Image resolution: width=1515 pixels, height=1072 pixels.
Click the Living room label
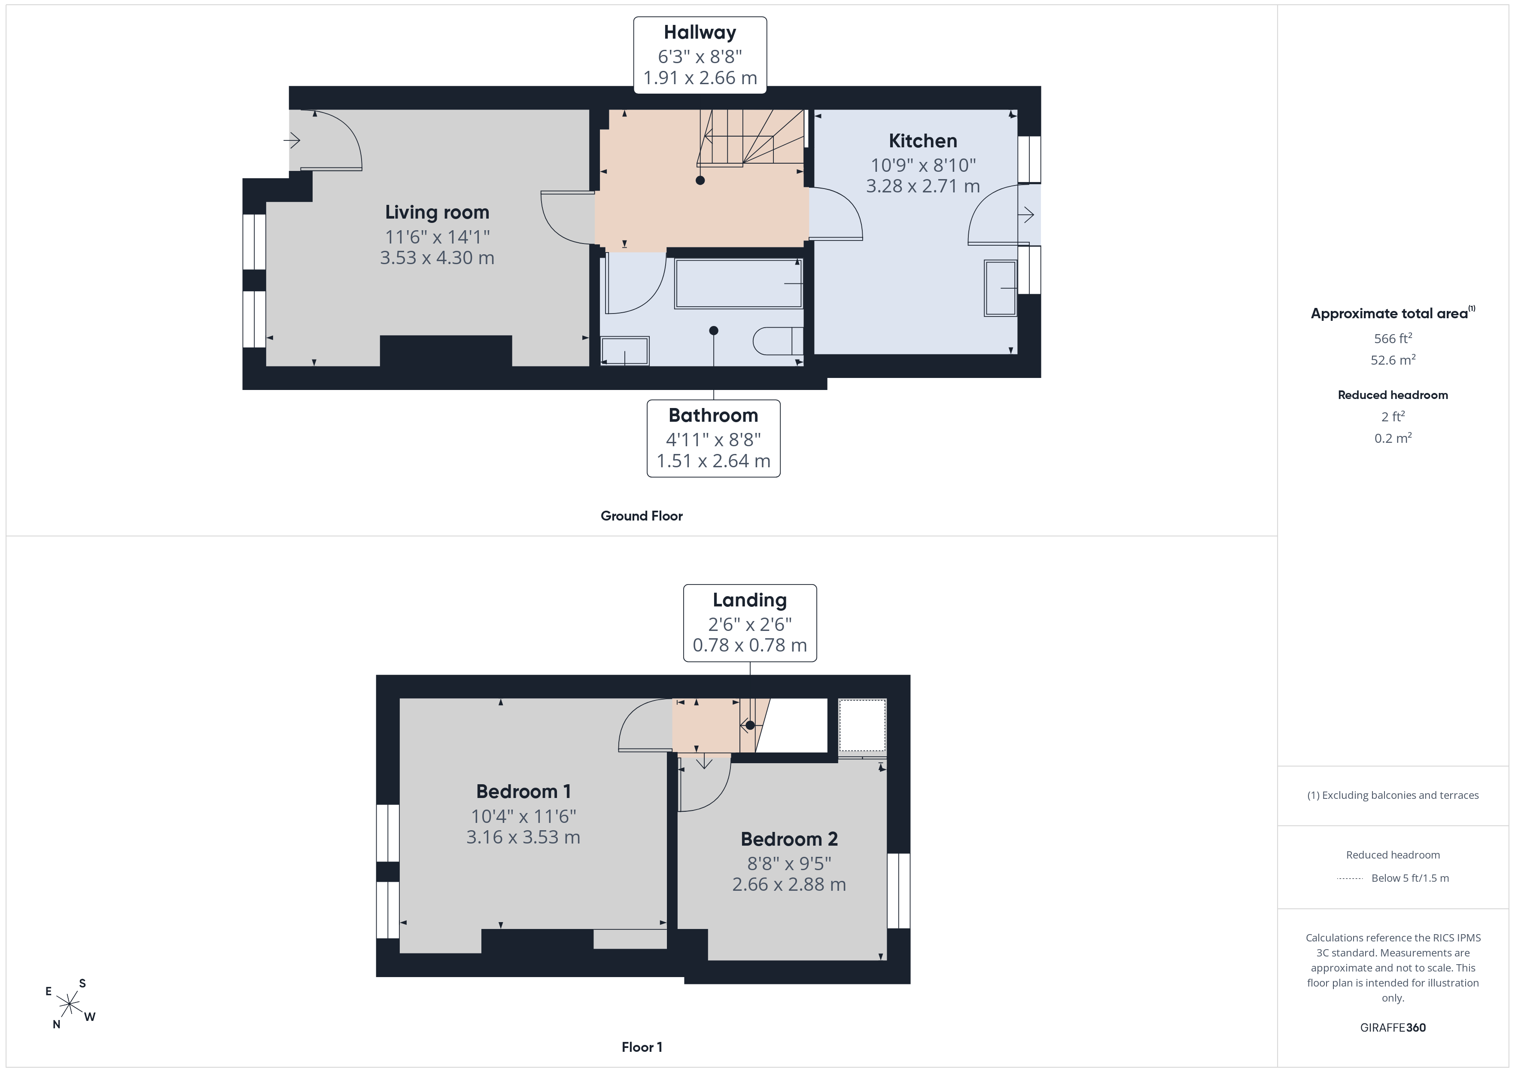(437, 213)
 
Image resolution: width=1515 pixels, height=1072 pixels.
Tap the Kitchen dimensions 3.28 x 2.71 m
(922, 186)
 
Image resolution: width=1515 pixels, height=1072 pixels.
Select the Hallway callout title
(700, 32)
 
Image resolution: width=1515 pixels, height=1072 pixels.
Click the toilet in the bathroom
(778, 341)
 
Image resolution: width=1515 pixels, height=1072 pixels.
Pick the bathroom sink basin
(625, 350)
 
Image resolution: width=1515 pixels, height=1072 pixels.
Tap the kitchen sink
(1000, 288)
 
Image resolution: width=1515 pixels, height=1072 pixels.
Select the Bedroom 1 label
(523, 792)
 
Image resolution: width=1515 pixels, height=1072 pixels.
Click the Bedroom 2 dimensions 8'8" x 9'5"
(789, 863)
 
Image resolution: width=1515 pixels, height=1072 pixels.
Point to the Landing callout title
(750, 600)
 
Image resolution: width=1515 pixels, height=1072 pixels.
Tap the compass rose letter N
(57, 1024)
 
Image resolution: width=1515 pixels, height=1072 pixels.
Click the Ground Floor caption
(642, 516)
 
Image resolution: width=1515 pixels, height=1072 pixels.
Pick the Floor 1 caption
(642, 1047)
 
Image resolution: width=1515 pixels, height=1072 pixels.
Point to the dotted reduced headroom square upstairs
(862, 725)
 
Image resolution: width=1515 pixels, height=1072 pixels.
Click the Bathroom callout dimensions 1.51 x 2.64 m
(713, 461)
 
